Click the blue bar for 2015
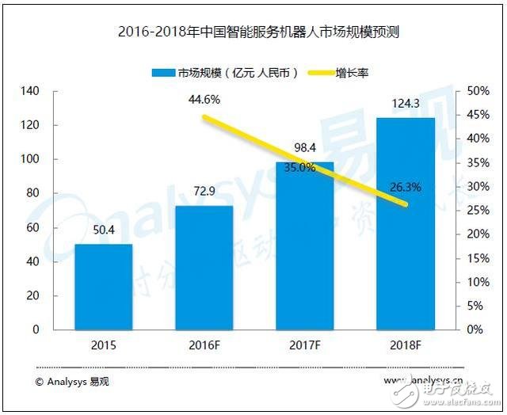click(x=104, y=287)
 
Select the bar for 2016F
click(x=204, y=268)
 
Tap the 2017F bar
click(x=305, y=246)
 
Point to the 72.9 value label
click(x=204, y=192)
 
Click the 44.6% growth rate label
click(x=204, y=100)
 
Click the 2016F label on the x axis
click(x=204, y=345)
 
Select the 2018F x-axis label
click(x=406, y=345)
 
